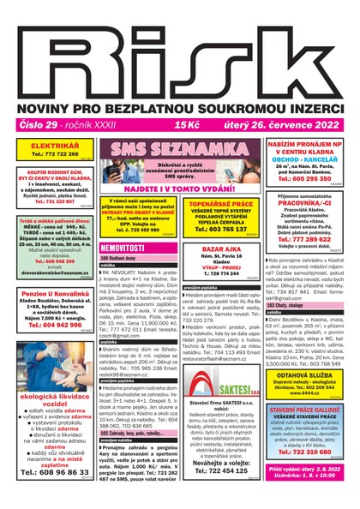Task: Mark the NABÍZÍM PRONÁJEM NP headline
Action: (304, 147)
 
